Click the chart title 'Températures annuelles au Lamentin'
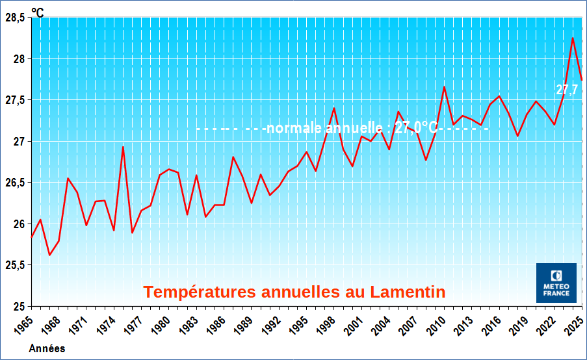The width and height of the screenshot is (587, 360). click(294, 292)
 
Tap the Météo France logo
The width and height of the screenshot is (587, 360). click(556, 283)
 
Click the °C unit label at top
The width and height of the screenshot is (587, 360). click(38, 12)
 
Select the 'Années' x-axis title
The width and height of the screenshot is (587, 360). click(47, 348)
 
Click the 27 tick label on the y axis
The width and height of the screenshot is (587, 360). click(18, 142)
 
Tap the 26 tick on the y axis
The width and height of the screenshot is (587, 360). click(18, 224)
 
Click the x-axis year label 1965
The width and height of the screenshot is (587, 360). click(22, 324)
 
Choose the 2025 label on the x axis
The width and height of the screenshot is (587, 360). click(572, 324)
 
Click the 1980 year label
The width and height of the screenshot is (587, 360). click(159, 324)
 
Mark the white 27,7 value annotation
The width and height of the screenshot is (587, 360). click(567, 90)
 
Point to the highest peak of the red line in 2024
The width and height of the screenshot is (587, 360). click(572, 38)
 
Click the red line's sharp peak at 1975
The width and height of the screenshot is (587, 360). click(123, 147)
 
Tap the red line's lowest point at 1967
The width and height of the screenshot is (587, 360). click(49, 255)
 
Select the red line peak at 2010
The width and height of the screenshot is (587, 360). click(444, 87)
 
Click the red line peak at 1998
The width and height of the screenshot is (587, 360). click(333, 108)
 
